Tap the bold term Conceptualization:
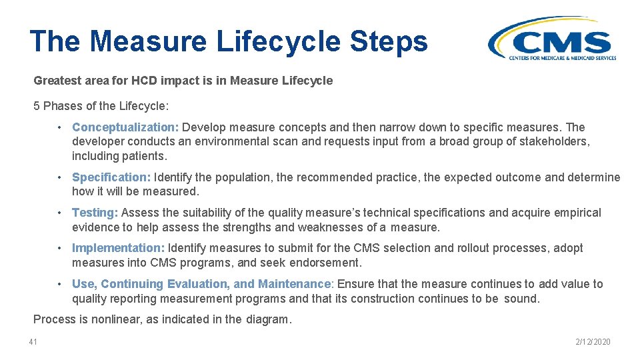coord(125,127)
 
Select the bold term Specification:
coord(111,177)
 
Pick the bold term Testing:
coord(95,213)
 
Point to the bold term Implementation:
coord(118,248)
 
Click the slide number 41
coord(33,342)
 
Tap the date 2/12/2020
coord(593,342)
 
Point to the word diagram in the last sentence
coord(267,319)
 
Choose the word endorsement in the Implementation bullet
coord(327,263)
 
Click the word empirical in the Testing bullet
coord(577,213)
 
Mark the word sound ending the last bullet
coord(521,299)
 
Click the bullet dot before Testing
coord(60,213)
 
